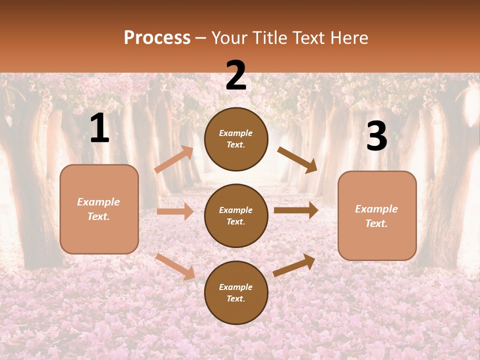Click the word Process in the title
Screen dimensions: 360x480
[157, 38]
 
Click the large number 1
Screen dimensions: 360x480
[99, 128]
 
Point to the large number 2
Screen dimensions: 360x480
[236, 75]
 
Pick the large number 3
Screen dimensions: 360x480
[376, 136]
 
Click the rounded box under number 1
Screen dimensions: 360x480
[99, 209]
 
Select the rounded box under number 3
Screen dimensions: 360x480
[377, 215]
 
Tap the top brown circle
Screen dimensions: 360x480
[236, 139]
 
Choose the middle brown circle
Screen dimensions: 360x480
[236, 215]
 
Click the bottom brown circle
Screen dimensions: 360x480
[236, 292]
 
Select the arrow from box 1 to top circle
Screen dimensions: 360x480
[174, 159]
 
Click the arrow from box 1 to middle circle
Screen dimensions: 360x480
[175, 211]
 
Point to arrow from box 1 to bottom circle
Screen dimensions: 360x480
[175, 266]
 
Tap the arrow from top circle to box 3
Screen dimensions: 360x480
[297, 160]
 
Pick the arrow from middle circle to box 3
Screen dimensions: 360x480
[296, 210]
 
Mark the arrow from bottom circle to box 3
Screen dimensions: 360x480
[294, 265]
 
